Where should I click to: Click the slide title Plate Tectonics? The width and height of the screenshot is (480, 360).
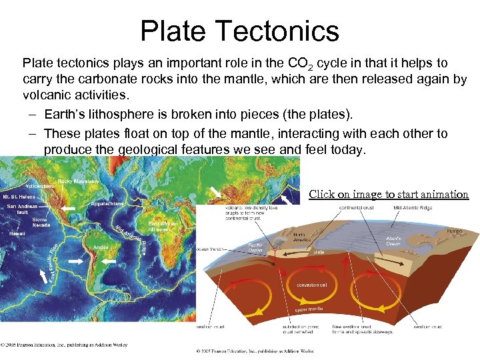pos(240,31)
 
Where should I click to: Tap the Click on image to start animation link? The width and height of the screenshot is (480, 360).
pos(389,194)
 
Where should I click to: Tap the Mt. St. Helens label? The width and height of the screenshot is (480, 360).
pos(21,197)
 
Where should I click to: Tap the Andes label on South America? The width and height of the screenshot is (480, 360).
pos(101,247)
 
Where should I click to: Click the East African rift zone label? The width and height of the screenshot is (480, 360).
pos(163,227)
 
